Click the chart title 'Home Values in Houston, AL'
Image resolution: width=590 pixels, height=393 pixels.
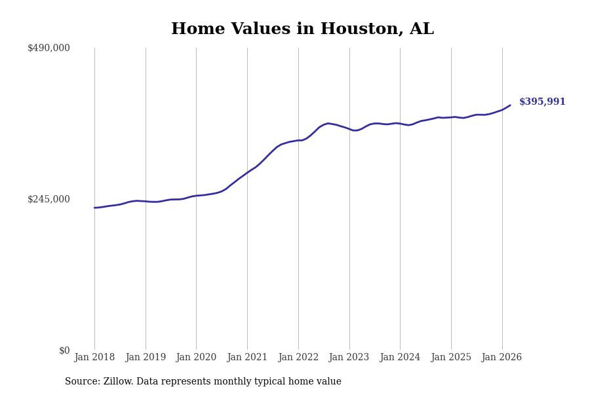[x=302, y=29]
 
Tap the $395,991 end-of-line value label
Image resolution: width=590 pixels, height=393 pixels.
[x=542, y=102]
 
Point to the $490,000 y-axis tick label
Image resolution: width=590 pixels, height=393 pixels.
[x=49, y=48]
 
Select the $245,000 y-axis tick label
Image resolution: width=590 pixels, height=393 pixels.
[x=49, y=199]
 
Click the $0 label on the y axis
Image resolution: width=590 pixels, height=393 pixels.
[x=64, y=350]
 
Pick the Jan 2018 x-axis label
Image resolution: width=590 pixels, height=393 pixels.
[x=94, y=358]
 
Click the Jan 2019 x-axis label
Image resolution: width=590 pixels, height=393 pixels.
[x=146, y=358]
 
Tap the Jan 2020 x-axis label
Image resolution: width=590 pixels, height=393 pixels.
[x=196, y=358]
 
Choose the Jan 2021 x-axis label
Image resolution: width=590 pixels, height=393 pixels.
[x=247, y=358]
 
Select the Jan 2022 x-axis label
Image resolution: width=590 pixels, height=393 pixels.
[x=298, y=358]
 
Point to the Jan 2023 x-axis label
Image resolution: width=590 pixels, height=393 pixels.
[x=349, y=358]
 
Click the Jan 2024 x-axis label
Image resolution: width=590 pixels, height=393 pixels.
[x=400, y=358]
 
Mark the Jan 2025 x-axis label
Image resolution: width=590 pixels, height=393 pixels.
[x=451, y=358]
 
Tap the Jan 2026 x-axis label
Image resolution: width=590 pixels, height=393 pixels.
[x=501, y=358]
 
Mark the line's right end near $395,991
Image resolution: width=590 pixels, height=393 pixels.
[x=510, y=105]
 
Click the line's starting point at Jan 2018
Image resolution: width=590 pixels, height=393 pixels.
[x=94, y=208]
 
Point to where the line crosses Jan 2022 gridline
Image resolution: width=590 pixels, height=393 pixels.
[x=298, y=140]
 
